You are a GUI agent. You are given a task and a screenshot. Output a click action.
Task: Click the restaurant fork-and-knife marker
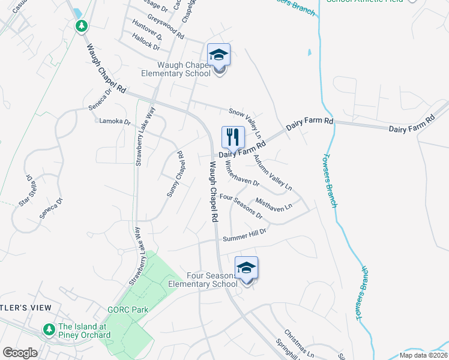(x=232, y=137)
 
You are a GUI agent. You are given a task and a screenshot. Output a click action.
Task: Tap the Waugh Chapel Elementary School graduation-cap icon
(x=218, y=55)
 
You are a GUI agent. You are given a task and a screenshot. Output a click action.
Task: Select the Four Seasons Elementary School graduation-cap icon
(x=246, y=268)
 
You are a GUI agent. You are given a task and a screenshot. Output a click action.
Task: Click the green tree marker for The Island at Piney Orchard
(x=49, y=329)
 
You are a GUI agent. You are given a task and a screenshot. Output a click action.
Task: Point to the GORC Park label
(x=127, y=310)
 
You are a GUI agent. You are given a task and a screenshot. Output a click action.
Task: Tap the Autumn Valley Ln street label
(x=271, y=173)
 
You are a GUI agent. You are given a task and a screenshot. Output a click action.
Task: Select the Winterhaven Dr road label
(x=242, y=176)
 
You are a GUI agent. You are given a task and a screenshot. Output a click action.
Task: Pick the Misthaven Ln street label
(x=274, y=204)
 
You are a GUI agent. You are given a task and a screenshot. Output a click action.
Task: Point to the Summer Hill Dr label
(x=244, y=238)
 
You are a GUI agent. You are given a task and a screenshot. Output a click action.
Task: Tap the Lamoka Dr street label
(x=115, y=121)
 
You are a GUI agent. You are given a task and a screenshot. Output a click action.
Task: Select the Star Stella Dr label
(x=26, y=190)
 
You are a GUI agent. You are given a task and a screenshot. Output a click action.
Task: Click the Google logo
(x=20, y=352)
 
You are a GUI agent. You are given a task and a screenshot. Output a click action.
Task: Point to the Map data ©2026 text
(x=423, y=355)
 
